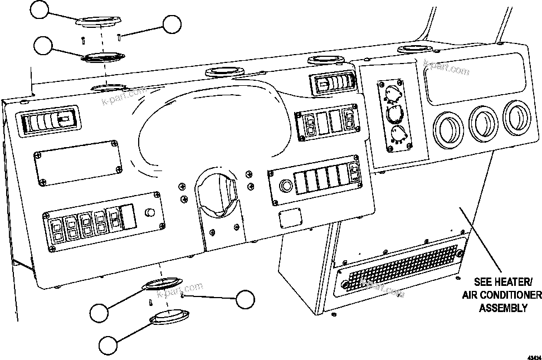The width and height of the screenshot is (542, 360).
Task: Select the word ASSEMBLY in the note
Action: (504, 308)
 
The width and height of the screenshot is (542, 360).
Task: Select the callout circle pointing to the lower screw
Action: (245, 299)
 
